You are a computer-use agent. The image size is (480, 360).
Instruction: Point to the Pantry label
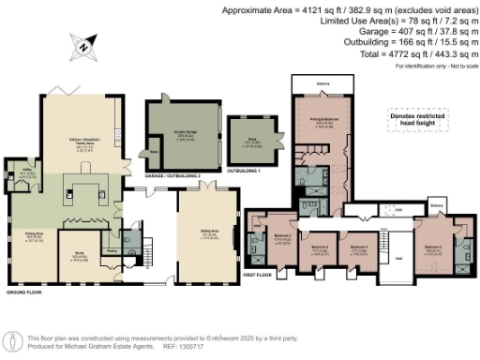tap(112, 250)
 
